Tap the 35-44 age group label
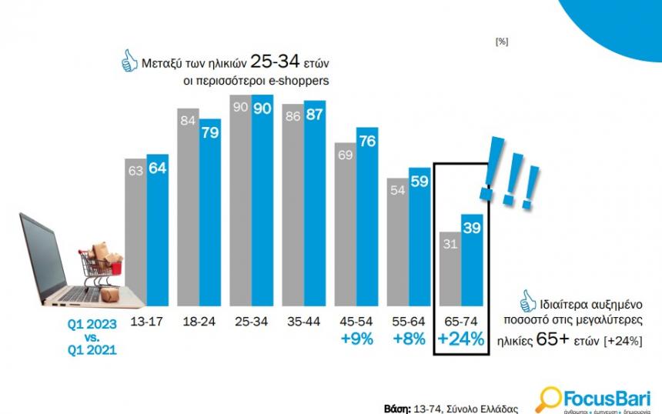(x=303, y=322)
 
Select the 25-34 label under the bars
(x=251, y=322)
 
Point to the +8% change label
(x=408, y=339)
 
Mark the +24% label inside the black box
(x=460, y=339)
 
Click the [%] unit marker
(x=501, y=42)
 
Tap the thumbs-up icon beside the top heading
(x=129, y=59)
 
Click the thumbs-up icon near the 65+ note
(x=528, y=299)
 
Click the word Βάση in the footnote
(x=397, y=407)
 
